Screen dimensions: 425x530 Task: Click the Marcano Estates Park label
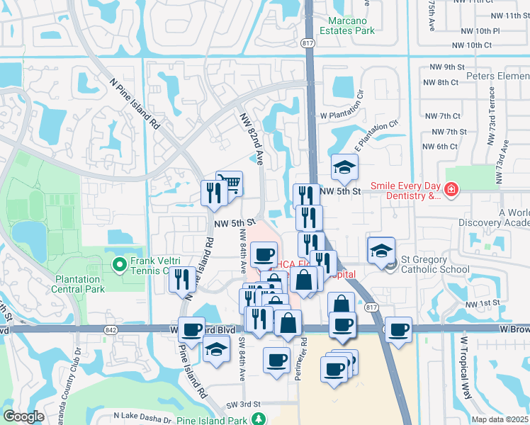click(344, 25)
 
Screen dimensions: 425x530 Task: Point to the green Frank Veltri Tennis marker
click(119, 265)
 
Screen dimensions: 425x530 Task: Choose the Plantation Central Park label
click(78, 283)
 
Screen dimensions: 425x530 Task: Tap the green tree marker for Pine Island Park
click(260, 419)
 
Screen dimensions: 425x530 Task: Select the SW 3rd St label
click(240, 404)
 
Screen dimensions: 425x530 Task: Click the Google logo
click(23, 416)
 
